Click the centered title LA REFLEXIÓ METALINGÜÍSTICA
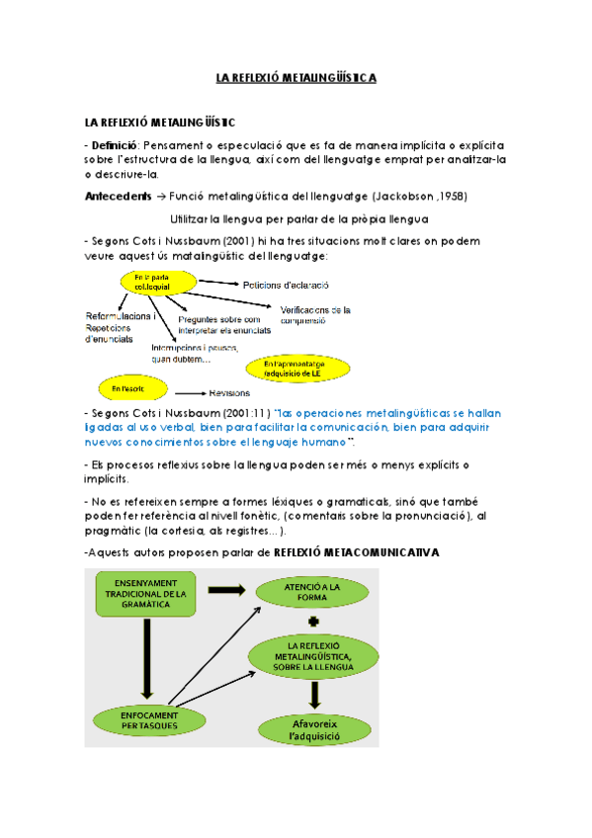pos(296,77)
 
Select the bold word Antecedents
pos(119,196)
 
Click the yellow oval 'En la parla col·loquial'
pos(150,283)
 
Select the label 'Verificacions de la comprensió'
pos(316,314)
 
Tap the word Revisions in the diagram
pos(229,392)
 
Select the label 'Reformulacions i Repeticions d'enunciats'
pos(119,327)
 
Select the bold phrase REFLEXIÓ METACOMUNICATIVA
pos(356,551)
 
